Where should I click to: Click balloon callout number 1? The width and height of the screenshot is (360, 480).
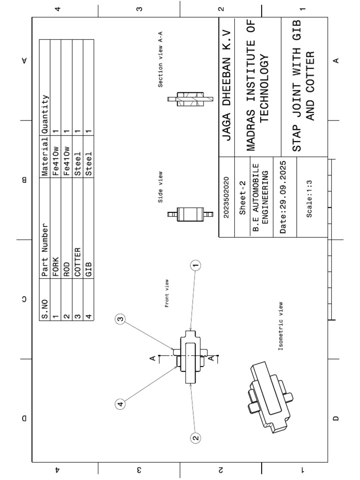coord(196,265)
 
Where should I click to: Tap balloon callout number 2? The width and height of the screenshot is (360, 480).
coord(196,438)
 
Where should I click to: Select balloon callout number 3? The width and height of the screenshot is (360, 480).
coord(120,319)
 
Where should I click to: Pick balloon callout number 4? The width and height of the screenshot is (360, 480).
coord(120,404)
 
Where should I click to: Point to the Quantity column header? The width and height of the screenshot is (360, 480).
coord(45,114)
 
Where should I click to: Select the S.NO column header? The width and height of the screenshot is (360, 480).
coord(45,309)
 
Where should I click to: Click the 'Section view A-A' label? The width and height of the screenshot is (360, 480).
coord(160,60)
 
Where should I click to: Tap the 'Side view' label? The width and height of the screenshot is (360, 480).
coord(160,187)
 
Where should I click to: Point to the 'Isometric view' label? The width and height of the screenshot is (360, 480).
coord(280,326)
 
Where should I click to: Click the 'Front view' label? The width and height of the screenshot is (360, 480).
coord(166,293)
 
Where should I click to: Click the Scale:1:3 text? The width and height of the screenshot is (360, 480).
coord(309,199)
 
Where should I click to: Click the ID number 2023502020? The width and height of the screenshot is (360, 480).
coord(226,197)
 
